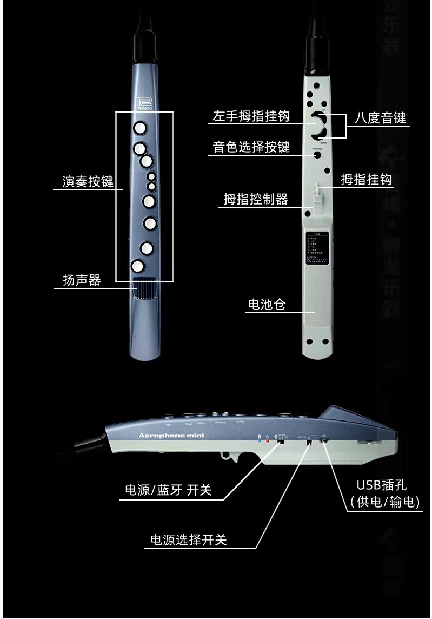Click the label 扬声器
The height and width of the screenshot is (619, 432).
82,280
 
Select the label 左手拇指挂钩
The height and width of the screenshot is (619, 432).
251,116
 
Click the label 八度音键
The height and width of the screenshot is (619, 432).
380,118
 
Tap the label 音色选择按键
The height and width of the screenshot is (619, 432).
251,147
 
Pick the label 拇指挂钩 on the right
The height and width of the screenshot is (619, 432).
366,179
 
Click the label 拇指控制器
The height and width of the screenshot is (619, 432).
256,199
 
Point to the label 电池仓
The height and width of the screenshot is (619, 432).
267,305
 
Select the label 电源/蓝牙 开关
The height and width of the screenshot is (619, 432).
168,491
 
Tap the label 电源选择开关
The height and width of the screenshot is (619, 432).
188,539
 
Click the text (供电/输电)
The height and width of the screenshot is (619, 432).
385,502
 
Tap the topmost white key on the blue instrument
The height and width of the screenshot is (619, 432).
140,128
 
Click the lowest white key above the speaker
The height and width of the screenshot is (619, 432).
138,266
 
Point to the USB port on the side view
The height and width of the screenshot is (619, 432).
323,441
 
